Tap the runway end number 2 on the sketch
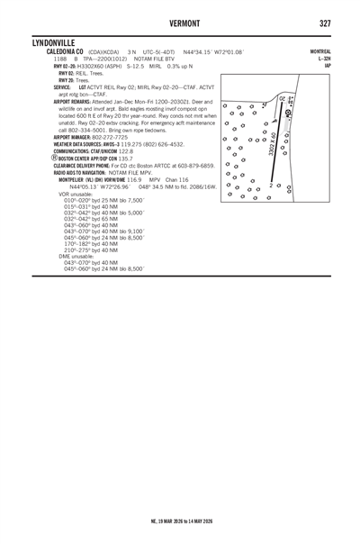[x=270, y=186]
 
